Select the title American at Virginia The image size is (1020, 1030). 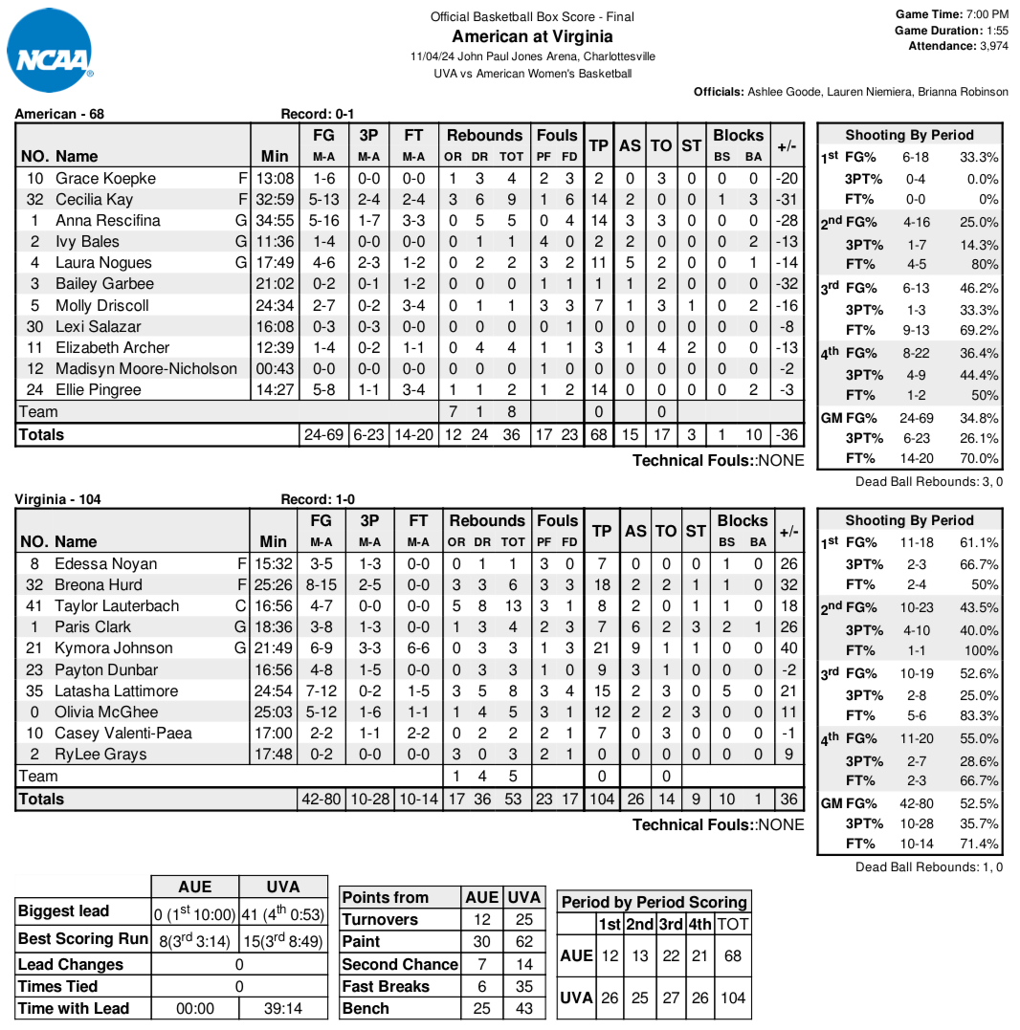[532, 36]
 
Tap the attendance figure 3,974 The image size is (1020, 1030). [993, 46]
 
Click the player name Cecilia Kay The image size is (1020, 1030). [95, 199]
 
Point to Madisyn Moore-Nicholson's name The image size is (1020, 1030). [146, 368]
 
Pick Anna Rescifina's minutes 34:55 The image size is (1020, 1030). [277, 220]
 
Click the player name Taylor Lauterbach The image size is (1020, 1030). [117, 605]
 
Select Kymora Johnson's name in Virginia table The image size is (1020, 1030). [114, 648]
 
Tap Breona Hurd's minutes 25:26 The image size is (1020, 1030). [277, 584]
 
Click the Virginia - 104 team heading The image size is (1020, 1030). [58, 499]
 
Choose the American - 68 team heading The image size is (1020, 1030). [59, 114]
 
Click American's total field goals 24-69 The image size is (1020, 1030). [323, 434]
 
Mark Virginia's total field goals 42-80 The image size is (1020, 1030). [322, 799]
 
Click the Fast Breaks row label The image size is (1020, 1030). [386, 986]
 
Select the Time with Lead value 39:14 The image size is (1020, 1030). [283, 1008]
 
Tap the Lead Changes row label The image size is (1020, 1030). [71, 964]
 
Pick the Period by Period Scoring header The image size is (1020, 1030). [654, 902]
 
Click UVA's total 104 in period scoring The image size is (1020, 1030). [733, 997]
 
